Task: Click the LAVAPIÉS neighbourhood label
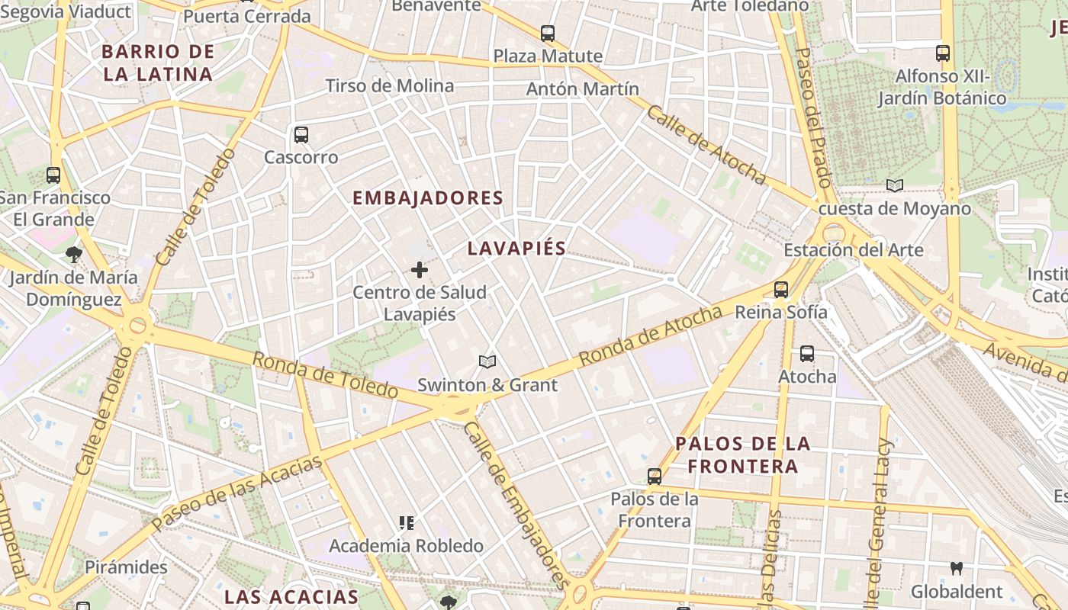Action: pos(516,249)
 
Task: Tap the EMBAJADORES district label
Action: pos(427,198)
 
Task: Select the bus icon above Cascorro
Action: pos(301,135)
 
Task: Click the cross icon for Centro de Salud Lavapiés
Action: pos(420,270)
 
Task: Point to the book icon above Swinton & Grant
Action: pos(487,362)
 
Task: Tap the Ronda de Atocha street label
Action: pos(650,335)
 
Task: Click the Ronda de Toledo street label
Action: pos(325,374)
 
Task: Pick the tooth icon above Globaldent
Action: pos(956,569)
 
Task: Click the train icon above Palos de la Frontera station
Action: pos(655,477)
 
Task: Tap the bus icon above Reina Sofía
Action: pos(781,290)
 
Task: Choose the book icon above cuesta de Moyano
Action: pos(895,186)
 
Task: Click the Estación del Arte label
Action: pos(854,250)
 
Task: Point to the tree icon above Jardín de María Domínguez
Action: pos(73,254)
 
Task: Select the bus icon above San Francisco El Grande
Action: pos(53,175)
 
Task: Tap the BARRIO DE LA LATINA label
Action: pos(157,63)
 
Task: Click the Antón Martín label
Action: pos(583,89)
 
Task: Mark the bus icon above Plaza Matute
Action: pos(548,34)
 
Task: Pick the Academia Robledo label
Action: pos(406,546)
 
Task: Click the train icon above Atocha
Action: pos(807,354)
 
